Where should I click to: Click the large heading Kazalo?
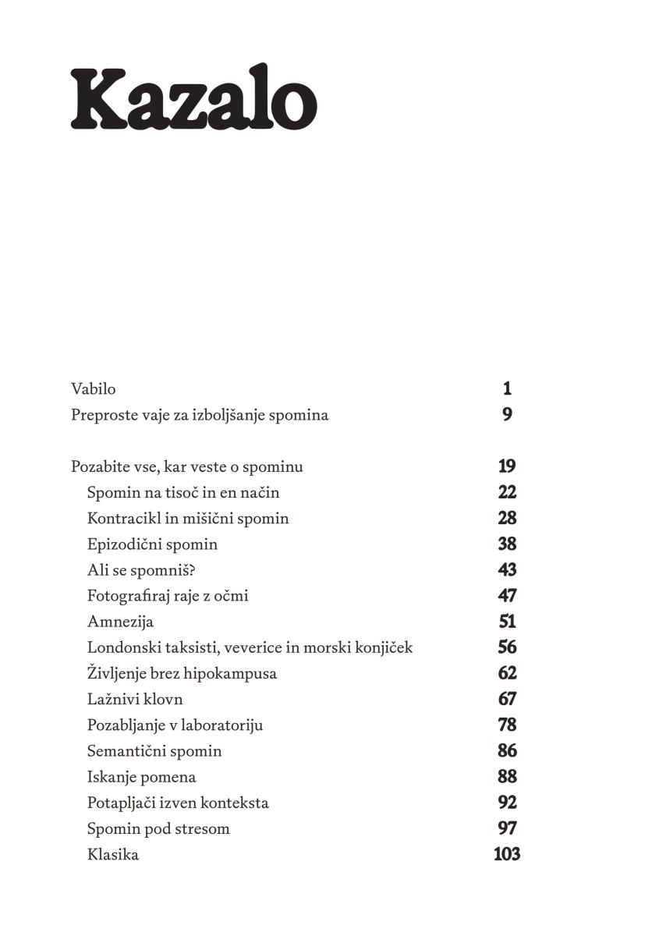pos(193,99)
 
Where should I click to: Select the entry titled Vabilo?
pos(93,388)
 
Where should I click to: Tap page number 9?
pos(507,414)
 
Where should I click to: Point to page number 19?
pos(507,466)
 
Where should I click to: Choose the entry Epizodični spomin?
pos(152,544)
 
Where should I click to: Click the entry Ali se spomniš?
pos(140,570)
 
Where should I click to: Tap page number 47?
pos(507,595)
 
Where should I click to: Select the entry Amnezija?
pos(120,622)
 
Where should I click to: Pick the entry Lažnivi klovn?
pos(135,699)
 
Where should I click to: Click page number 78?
pos(507,725)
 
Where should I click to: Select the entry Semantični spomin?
pos(154,751)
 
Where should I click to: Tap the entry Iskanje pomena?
pos(141,777)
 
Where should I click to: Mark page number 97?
pos(507,828)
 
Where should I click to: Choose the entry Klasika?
pos(113,854)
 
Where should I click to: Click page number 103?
pos(507,854)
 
